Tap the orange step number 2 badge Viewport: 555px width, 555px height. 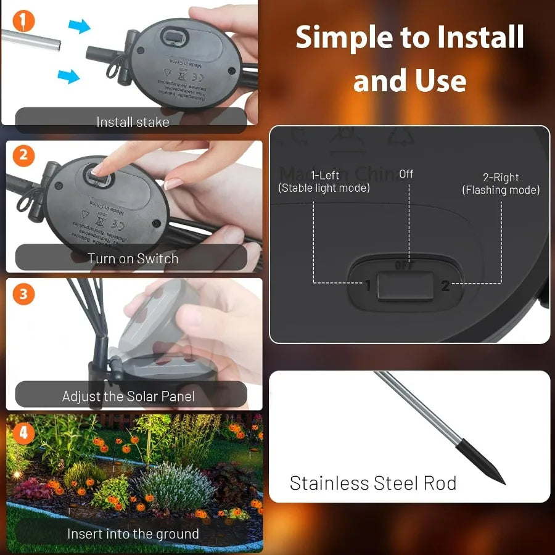coord(23,155)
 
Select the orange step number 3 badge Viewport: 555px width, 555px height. coord(23,294)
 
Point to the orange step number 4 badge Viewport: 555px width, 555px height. coord(23,433)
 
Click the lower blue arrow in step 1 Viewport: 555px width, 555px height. coord(68,76)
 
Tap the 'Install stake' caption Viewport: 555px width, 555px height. coord(132,122)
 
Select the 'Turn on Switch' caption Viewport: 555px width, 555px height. coord(132,258)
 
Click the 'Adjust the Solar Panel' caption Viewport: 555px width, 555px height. coord(128,397)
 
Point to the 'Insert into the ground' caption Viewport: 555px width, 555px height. coord(133,533)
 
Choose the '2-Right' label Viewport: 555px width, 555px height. coord(501,178)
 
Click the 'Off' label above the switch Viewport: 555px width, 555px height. coord(406,174)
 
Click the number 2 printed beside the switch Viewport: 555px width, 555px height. coord(445,286)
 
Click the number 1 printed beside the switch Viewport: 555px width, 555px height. coord(368,286)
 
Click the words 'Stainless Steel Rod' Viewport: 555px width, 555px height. coord(373,483)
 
